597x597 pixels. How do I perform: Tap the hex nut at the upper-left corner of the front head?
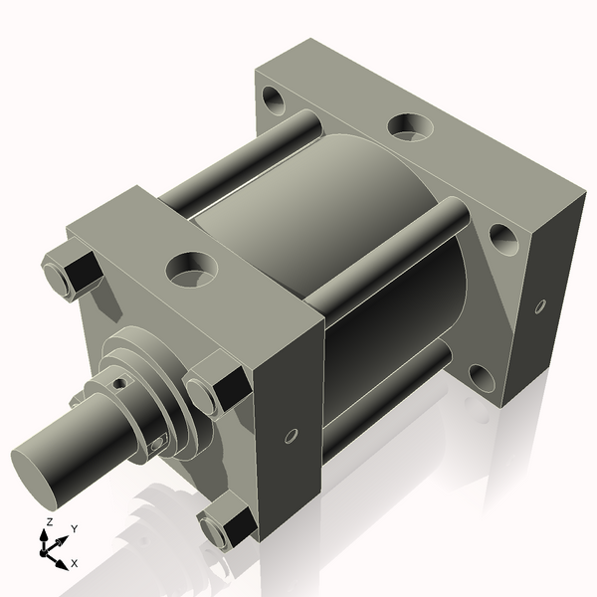tap(70, 273)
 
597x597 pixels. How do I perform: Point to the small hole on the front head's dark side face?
tap(291, 435)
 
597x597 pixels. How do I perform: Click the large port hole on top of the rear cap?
tap(407, 126)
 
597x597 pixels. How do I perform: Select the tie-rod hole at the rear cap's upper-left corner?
tap(272, 99)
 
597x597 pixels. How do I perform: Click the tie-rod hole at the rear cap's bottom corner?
tap(481, 377)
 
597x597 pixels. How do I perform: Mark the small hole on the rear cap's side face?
tap(540, 305)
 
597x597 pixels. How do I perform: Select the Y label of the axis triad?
tap(74, 529)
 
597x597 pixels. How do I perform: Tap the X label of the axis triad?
tap(73, 563)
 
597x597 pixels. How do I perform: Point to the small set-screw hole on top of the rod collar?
tap(120, 382)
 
